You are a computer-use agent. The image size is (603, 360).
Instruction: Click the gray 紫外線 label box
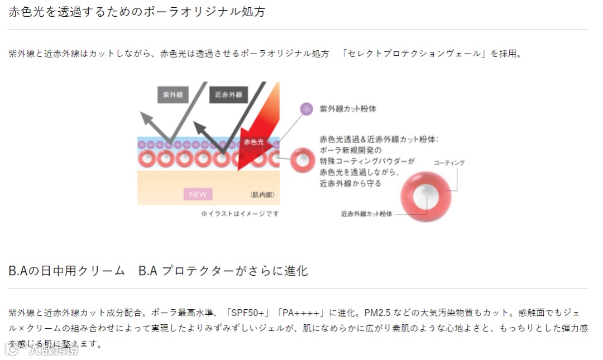pyautogui.click(x=173, y=94)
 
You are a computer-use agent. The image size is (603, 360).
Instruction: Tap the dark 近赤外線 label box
pyautogui.click(x=228, y=94)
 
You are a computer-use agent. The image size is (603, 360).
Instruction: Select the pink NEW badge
pyautogui.click(x=198, y=194)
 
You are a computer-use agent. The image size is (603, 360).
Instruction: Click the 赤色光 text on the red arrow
pyautogui.click(x=253, y=142)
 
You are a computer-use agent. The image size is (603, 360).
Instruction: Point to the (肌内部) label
pyautogui.click(x=263, y=195)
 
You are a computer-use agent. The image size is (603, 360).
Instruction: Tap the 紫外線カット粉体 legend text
pyautogui.click(x=348, y=109)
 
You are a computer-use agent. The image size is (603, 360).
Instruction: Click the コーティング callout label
pyautogui.click(x=449, y=162)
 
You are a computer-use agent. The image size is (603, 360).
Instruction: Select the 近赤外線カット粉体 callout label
pyautogui.click(x=366, y=213)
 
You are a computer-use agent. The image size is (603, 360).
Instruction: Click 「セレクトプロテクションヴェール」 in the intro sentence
pyautogui.click(x=414, y=54)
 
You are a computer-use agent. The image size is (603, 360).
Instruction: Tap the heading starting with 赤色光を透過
pyautogui.click(x=137, y=12)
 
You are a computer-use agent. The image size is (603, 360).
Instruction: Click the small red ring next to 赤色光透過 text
pyautogui.click(x=301, y=160)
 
